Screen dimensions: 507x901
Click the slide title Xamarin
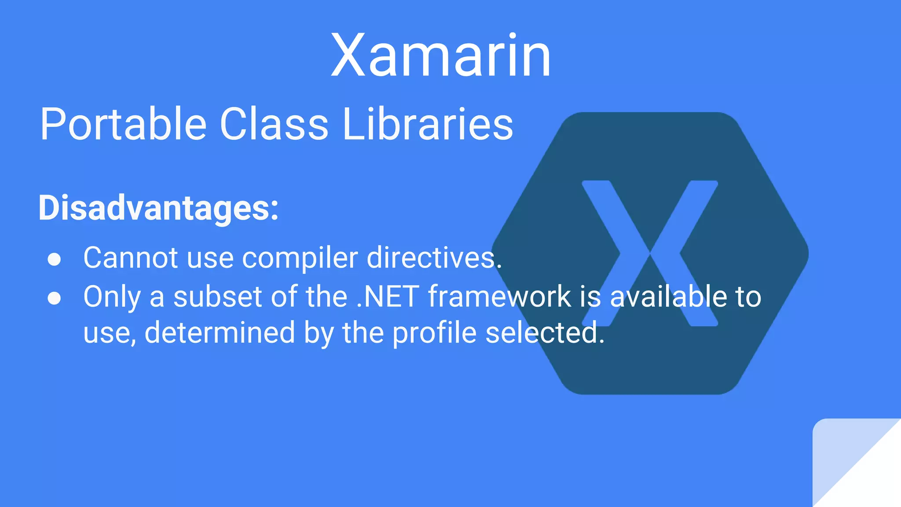click(x=441, y=56)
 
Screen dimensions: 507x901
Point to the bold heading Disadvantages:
click(x=158, y=208)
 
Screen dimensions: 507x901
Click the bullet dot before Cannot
click(x=54, y=259)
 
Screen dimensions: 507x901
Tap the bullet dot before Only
click(x=54, y=298)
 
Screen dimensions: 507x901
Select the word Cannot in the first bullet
click(x=131, y=257)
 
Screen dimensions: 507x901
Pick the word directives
click(x=434, y=257)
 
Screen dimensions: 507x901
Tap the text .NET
click(x=387, y=297)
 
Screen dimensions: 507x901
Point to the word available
click(x=668, y=297)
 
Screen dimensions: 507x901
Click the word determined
click(x=220, y=333)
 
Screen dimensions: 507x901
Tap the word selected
click(x=545, y=333)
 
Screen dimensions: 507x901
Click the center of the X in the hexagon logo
click(x=650, y=253)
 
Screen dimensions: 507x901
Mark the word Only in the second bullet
click(x=112, y=298)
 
